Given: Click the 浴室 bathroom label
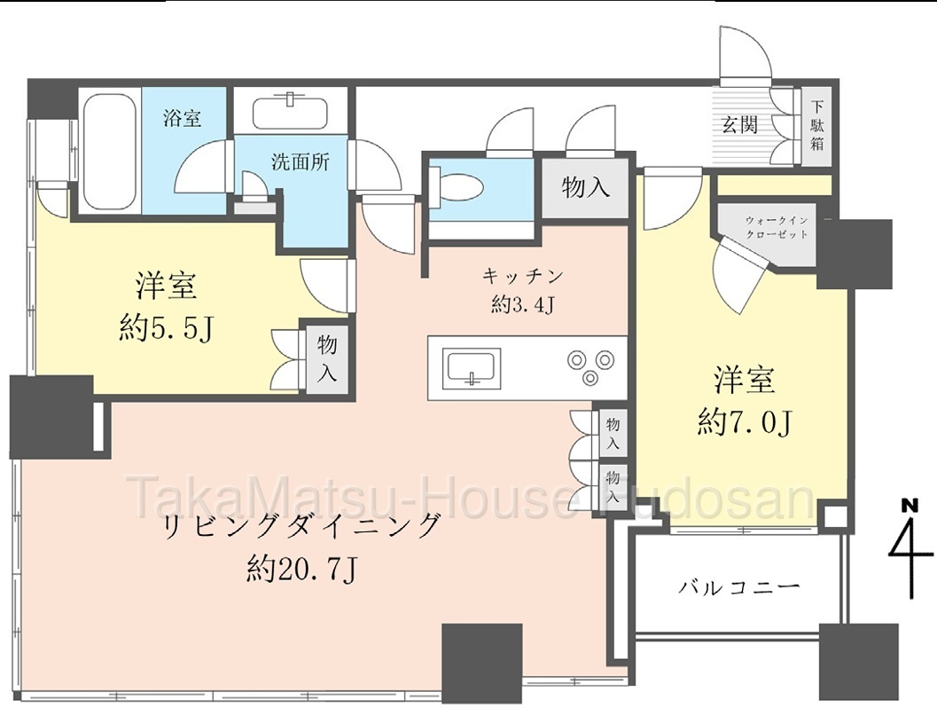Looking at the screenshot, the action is [183, 118].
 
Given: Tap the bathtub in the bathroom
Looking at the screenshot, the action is [107, 152].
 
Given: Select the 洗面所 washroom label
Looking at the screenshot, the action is [300, 161].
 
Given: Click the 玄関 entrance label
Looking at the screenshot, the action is [740, 124].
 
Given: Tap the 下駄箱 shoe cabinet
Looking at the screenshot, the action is [816, 127].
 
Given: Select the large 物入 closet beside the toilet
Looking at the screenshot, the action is [586, 188].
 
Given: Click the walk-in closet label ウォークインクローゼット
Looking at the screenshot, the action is [777, 227].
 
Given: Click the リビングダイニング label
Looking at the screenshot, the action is [301, 527].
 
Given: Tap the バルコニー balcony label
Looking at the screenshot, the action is [738, 587].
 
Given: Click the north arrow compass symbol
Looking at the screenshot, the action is [911, 550].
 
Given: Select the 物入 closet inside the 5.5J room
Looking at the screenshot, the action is [326, 358].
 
